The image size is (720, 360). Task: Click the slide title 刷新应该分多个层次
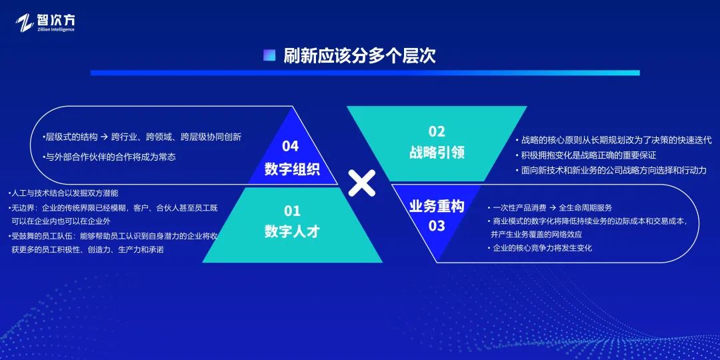coord(359,55)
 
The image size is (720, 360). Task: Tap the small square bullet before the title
coord(269,55)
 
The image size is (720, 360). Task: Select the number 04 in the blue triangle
coord(291,146)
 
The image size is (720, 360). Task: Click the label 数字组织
coord(292,169)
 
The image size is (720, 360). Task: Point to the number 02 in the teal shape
coord(437,131)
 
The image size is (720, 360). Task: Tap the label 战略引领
coord(437,153)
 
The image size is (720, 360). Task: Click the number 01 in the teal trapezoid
coord(292,211)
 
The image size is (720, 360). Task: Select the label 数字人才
coord(292,231)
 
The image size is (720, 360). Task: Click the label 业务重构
coord(437,205)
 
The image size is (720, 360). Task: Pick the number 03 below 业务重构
coord(437,226)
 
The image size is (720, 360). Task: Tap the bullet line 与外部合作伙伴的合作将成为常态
coord(109,157)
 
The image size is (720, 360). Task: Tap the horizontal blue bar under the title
coord(365,73)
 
